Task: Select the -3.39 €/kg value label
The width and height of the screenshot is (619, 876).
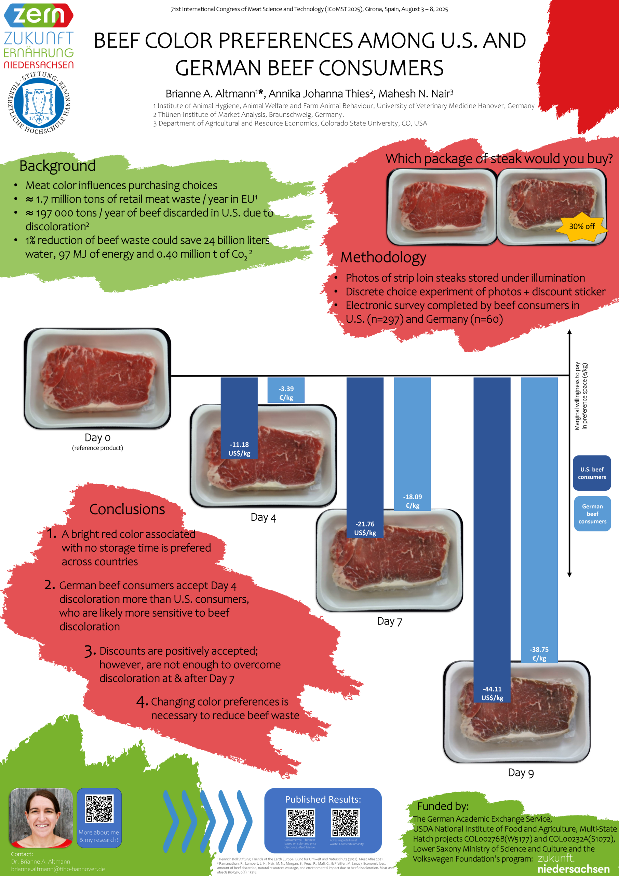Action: pos(286,393)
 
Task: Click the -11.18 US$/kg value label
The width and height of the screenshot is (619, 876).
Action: pos(239,449)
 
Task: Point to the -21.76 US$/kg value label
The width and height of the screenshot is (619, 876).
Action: pos(365,528)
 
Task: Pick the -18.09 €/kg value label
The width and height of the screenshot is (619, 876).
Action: pos(413,501)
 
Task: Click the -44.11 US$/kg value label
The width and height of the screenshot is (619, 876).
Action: pos(492,693)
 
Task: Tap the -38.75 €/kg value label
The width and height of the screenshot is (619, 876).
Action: pos(539,654)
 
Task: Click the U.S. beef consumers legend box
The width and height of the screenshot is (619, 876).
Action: pos(592,473)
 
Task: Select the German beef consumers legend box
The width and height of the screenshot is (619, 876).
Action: pos(592,514)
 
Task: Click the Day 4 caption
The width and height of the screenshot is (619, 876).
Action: pos(263,518)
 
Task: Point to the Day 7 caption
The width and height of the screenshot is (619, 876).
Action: pos(389,621)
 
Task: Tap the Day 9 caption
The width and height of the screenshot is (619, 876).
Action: pos(521,773)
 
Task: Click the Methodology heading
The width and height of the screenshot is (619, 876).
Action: pos(383,258)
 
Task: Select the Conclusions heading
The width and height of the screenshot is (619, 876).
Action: pos(127,510)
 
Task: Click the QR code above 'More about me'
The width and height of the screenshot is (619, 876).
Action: pos(99,809)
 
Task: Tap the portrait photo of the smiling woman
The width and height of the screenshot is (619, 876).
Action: pos(41,817)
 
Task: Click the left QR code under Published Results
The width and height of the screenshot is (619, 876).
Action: pos(301,823)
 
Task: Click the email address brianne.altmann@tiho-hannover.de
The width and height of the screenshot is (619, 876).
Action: pos(58,869)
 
